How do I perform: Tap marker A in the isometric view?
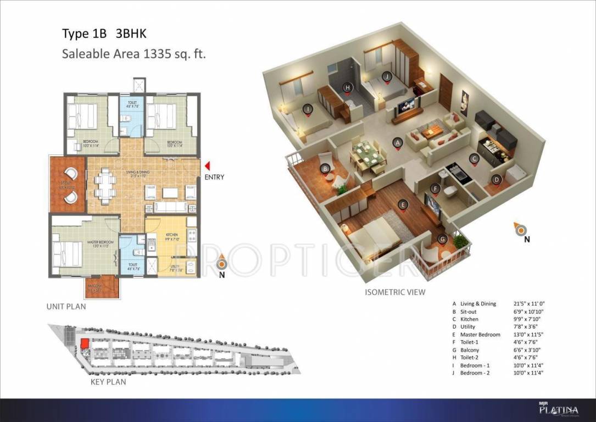click(397, 142)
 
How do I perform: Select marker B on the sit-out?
click(325, 169)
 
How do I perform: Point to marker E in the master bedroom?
click(403, 205)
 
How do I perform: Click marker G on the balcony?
click(442, 239)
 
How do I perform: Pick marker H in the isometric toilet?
click(347, 87)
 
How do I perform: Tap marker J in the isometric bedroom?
click(387, 76)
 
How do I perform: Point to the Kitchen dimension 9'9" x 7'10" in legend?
click(526, 319)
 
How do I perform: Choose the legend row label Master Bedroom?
click(480, 335)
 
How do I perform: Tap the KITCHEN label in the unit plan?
click(172, 235)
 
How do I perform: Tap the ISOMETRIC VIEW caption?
click(394, 292)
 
